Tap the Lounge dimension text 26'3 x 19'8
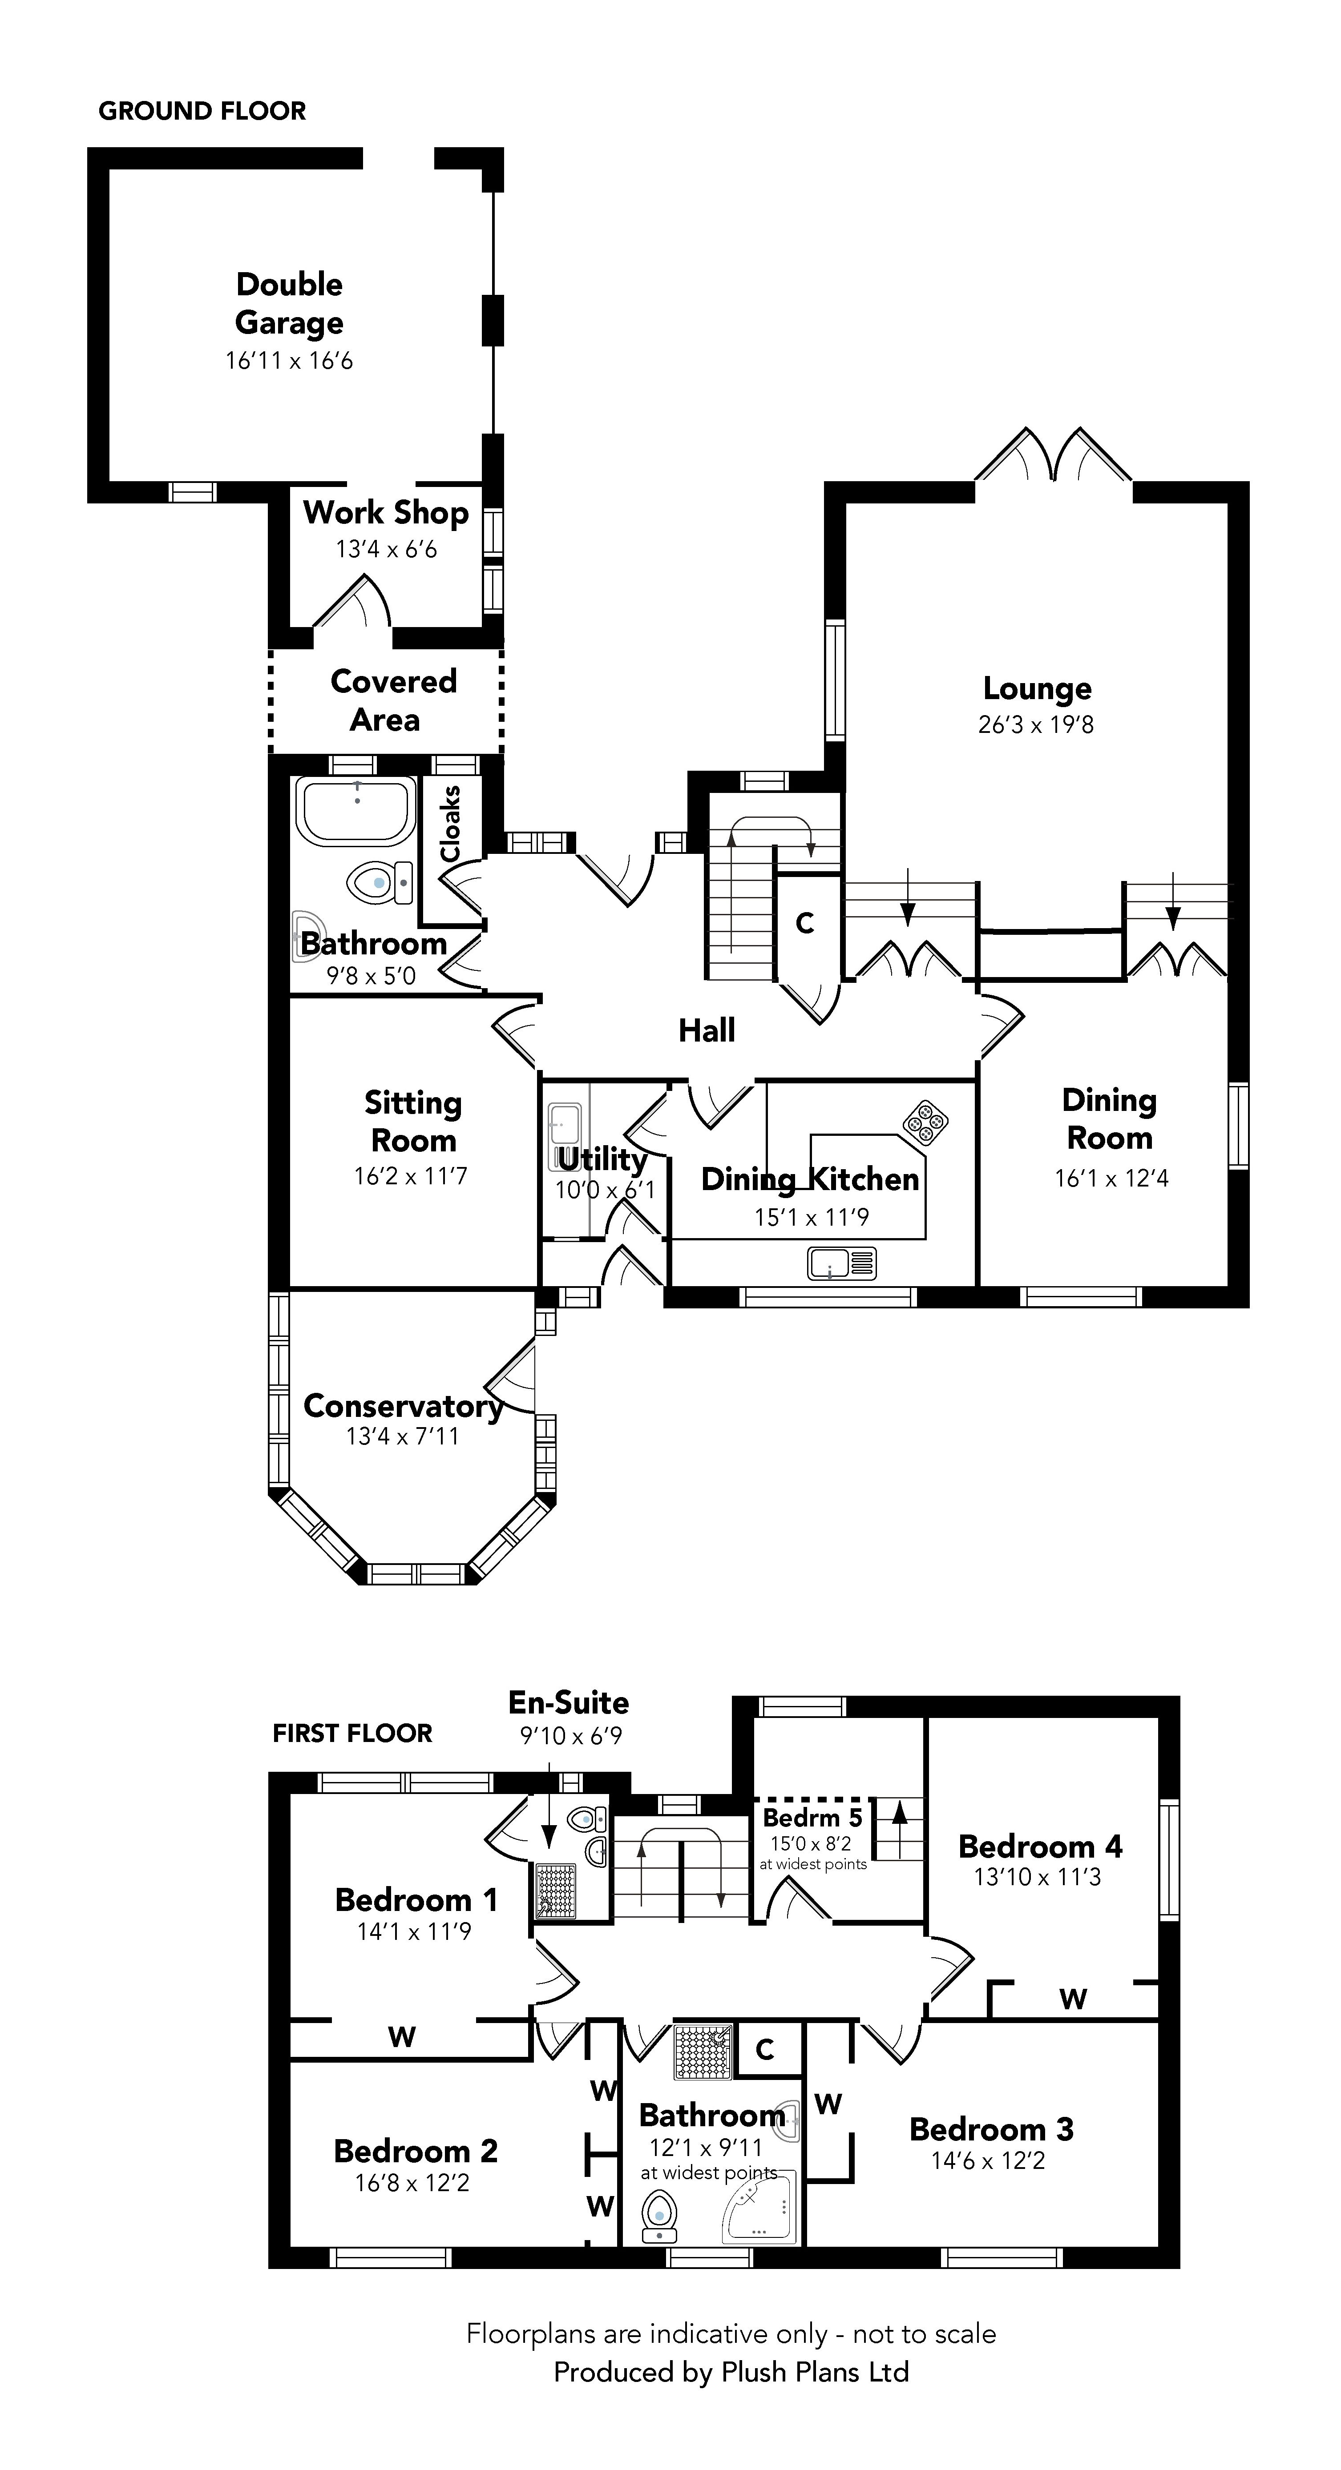(1036, 725)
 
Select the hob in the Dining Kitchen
(925, 1122)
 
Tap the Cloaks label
(450, 823)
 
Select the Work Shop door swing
(353, 604)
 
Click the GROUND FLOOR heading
(202, 111)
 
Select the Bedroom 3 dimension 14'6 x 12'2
(988, 2180)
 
